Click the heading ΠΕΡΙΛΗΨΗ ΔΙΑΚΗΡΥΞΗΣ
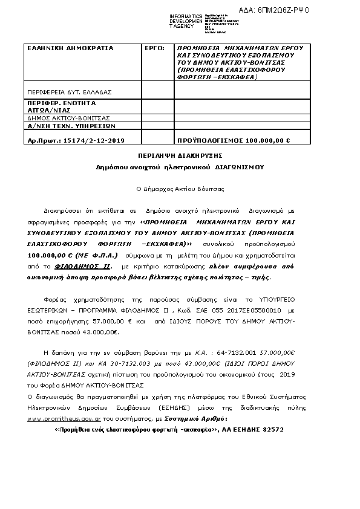[180, 155]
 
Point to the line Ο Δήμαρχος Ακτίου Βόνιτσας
[180, 189]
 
